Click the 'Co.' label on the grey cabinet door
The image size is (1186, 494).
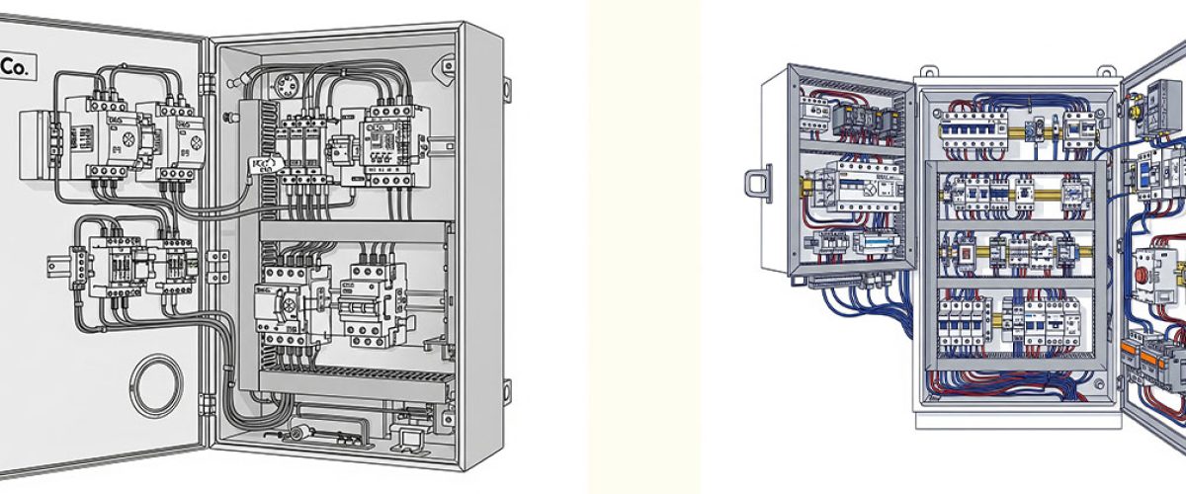pos(18,67)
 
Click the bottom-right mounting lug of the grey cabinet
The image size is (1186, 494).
pos(506,388)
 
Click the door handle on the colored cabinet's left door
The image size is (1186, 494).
pos(756,185)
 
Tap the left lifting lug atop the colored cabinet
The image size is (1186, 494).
pos(928,72)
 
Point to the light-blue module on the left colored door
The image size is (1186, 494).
pos(873,244)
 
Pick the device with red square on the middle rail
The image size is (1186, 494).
pos(960,254)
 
